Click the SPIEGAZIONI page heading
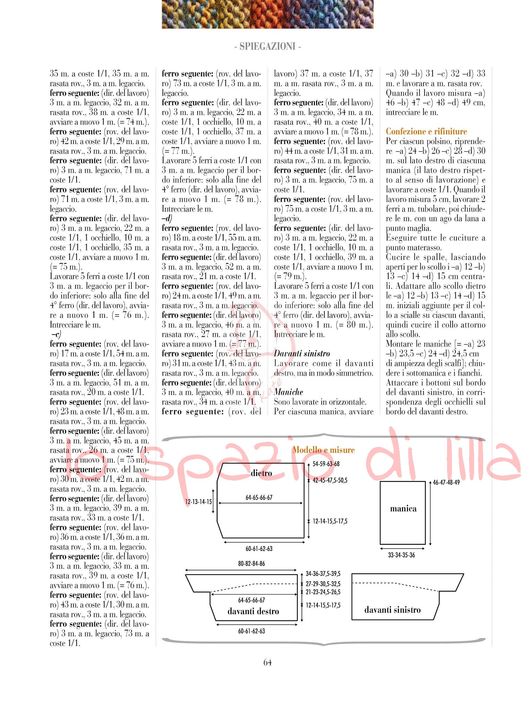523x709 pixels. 267,46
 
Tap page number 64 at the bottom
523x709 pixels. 267,662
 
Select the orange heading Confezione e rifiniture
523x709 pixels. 426,132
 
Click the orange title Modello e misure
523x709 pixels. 323,450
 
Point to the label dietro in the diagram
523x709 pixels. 261,473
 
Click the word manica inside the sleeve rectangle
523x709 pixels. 403,509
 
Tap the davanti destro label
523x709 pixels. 253,611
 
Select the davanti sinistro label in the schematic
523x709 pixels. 392,610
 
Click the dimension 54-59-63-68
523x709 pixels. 326,464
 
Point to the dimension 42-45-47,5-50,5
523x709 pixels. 330,481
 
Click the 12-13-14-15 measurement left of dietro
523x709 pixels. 198,502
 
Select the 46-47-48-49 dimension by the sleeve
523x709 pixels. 446,483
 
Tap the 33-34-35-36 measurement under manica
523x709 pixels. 401,555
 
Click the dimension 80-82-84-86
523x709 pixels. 251,564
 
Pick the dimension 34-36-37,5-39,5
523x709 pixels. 323,574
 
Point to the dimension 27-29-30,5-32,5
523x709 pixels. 323,584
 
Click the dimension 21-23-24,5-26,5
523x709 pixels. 323,592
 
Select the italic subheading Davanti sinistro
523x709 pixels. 302,354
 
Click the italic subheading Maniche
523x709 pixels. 288,392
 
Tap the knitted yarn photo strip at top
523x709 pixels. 267,14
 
